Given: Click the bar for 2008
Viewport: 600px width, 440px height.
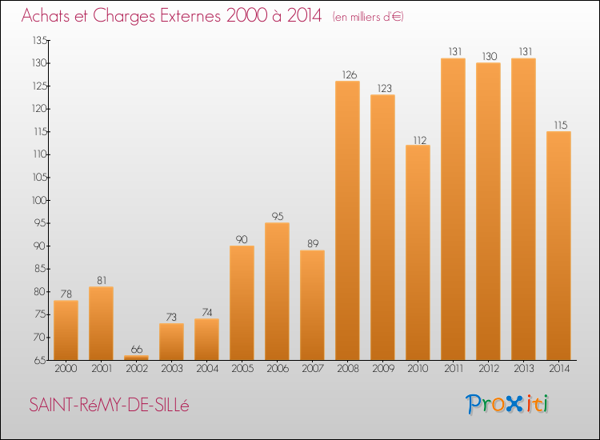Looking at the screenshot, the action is (347, 220).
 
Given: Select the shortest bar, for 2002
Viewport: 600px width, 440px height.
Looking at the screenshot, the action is (136, 358).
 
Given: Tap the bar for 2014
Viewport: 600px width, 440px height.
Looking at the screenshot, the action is (558, 246).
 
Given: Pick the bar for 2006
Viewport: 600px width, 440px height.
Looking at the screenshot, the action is (277, 291).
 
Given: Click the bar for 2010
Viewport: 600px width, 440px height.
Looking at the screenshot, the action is (418, 253).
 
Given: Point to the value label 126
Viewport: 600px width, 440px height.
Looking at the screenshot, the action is (350, 74).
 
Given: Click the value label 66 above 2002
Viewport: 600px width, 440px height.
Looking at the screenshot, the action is (137, 350).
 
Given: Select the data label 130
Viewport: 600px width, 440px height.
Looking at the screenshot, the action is (490, 56).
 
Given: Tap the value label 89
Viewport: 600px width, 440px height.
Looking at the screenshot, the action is (313, 244).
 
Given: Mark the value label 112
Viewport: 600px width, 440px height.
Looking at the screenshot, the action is (420, 141).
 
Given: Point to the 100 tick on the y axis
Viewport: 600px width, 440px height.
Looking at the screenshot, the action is (39, 200).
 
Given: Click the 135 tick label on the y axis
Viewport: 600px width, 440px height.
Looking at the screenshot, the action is (40, 40).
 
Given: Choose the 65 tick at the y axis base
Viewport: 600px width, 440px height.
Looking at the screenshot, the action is (40, 360).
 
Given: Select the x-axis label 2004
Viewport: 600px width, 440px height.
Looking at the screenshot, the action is (207, 369).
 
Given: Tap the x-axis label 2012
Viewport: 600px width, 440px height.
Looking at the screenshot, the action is (489, 369).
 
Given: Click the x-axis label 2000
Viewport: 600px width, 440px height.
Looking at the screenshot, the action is (66, 369).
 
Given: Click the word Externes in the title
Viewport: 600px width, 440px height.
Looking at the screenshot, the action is (190, 15).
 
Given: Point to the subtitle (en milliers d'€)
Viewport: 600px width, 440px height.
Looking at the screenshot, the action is (368, 17).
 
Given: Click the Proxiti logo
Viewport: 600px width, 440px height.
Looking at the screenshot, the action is (506, 404).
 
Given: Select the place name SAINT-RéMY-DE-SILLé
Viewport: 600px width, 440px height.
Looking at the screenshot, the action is (109, 405).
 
